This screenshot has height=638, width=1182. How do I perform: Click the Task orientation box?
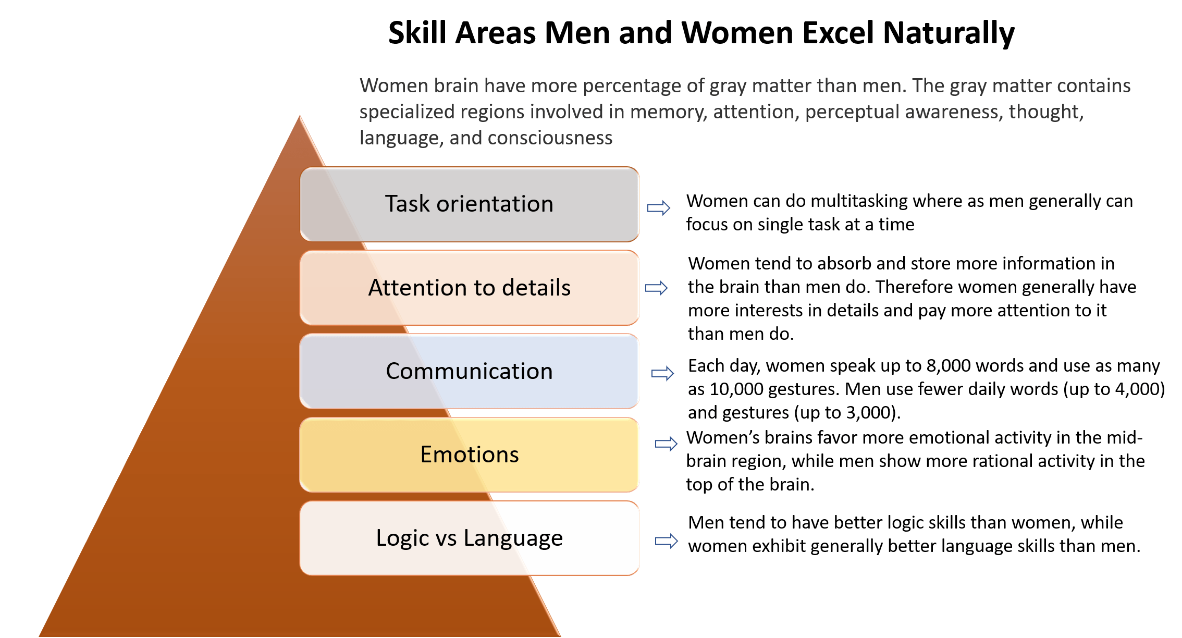coord(470,204)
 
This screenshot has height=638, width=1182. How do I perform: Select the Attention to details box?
coord(470,288)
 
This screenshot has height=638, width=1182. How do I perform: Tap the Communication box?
coord(470,371)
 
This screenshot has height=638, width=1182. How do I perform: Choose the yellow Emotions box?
coord(470,455)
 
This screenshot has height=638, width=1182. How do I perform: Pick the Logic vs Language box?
coord(470,538)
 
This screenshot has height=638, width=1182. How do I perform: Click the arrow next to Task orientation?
coord(659,208)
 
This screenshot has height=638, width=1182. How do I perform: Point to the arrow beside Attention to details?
coord(657,288)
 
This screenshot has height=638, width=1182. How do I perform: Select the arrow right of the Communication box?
coord(663,373)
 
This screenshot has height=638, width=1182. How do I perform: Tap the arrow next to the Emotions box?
coord(667,444)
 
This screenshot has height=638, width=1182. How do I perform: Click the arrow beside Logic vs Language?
coord(667,541)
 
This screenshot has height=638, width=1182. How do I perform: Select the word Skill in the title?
coord(417,33)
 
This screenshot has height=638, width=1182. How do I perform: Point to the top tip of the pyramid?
coord(300,115)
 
